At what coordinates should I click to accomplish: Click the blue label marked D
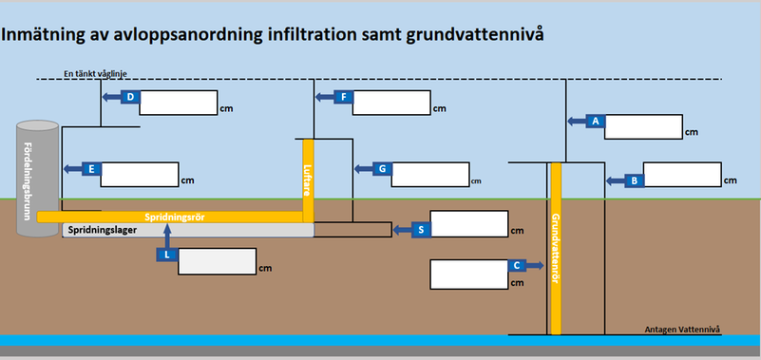pyautogui.click(x=131, y=97)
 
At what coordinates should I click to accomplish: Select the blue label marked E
pyautogui.click(x=92, y=168)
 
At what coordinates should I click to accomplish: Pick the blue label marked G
pyautogui.click(x=380, y=168)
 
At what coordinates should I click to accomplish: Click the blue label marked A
pyautogui.click(x=595, y=121)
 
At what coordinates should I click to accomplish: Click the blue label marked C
pyautogui.click(x=515, y=267)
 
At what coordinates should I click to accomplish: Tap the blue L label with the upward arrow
pyautogui.click(x=166, y=254)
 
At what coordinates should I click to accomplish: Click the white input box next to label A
pyautogui.click(x=643, y=126)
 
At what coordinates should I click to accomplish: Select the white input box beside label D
pyautogui.click(x=179, y=102)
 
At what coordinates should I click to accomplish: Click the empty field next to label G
pyautogui.click(x=429, y=175)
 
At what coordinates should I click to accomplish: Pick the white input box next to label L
pyautogui.click(x=217, y=261)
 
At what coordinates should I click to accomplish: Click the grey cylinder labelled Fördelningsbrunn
pyautogui.click(x=38, y=181)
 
